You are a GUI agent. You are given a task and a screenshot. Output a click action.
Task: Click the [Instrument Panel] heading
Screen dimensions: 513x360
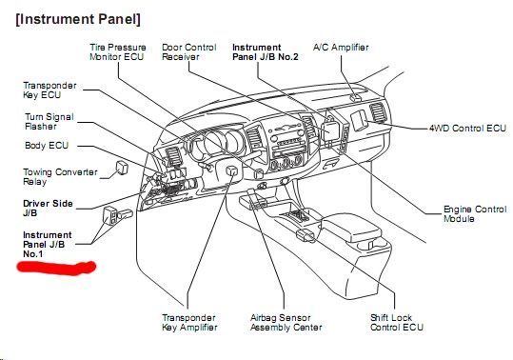coord(78,19)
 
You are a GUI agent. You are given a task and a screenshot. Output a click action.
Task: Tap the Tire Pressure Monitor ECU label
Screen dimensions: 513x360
coord(117,52)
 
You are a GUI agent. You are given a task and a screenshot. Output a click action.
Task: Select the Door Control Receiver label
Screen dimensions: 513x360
coord(189,52)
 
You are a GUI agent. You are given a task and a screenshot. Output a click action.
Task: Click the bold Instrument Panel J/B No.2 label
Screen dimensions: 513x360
coord(266,52)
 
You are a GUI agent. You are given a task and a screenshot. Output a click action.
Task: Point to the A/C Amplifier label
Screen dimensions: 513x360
coord(341,48)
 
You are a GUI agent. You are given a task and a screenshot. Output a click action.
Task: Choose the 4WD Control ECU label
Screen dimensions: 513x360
coord(467,128)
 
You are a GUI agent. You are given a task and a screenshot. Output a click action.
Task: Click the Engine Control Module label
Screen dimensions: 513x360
coord(475,214)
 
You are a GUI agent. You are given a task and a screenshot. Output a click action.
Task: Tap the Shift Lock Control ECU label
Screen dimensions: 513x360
coord(397,322)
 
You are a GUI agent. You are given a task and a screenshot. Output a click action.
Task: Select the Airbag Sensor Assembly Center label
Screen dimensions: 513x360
coord(286,322)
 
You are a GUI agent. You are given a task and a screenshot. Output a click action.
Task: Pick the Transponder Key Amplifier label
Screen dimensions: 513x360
coord(189,322)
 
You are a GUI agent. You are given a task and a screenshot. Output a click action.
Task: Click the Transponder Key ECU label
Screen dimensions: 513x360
coord(49,90)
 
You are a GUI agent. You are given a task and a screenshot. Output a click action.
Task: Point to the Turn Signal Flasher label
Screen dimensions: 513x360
coord(49,121)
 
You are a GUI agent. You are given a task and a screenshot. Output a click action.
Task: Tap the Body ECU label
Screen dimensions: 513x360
coord(47,146)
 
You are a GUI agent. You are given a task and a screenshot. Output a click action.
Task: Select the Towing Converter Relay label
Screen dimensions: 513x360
coord(60,177)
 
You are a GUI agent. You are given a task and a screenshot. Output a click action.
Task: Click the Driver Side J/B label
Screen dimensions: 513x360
coord(48,209)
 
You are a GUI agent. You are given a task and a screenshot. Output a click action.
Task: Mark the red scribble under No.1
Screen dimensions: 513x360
coord(56,268)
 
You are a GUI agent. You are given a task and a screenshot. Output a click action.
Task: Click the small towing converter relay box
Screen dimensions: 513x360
coord(123,168)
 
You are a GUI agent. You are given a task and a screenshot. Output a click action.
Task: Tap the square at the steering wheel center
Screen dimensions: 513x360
coord(232,170)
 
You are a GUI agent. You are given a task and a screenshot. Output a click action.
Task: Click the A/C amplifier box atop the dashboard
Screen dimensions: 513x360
coord(356,97)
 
